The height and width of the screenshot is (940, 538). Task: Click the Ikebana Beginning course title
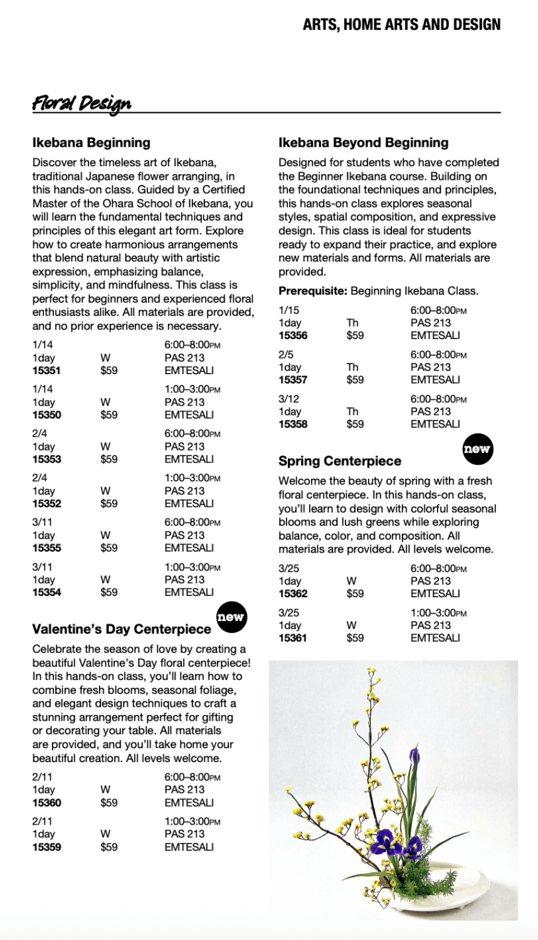pyautogui.click(x=91, y=143)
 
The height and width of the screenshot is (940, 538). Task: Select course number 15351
pyautogui.click(x=46, y=370)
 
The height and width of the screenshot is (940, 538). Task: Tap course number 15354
pyautogui.click(x=46, y=592)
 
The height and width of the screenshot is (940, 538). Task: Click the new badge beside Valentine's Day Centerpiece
pyautogui.click(x=230, y=617)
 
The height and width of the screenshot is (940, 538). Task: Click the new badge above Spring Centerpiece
pyautogui.click(x=477, y=449)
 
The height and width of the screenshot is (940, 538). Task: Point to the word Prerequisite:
pyautogui.click(x=313, y=291)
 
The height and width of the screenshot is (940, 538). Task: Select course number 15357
pyautogui.click(x=293, y=380)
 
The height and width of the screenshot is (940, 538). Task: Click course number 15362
pyautogui.click(x=293, y=593)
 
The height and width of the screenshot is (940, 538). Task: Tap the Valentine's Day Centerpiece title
pyautogui.click(x=122, y=629)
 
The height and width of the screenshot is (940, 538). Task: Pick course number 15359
pyautogui.click(x=46, y=847)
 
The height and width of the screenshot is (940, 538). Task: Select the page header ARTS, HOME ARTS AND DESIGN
pyautogui.click(x=401, y=25)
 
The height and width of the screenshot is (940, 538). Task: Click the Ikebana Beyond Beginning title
pyautogui.click(x=363, y=143)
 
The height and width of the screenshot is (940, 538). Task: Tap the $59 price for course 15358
pyautogui.click(x=355, y=424)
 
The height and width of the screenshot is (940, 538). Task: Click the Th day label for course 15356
pyautogui.click(x=352, y=323)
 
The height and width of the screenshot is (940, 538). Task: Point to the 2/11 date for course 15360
pyautogui.click(x=43, y=777)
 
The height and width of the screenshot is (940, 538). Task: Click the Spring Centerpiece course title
pyautogui.click(x=339, y=461)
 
